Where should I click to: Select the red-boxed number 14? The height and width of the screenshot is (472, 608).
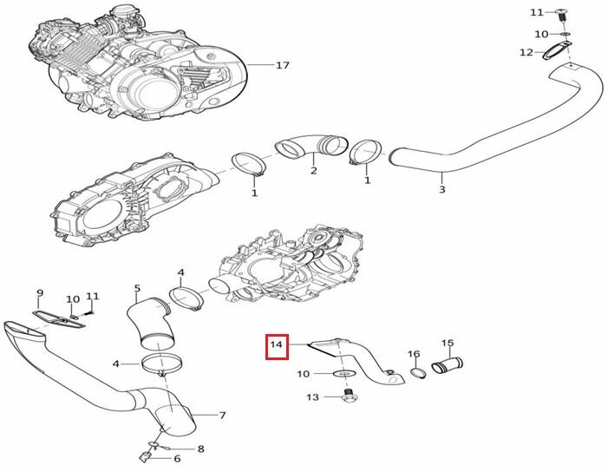(x=277, y=347)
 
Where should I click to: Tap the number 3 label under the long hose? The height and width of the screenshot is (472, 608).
(x=441, y=189)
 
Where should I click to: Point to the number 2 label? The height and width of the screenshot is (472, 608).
(x=313, y=171)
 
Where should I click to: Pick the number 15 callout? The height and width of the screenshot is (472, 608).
(x=448, y=343)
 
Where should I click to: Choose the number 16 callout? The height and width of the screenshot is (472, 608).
(x=414, y=354)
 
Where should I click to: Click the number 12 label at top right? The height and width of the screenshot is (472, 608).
(x=526, y=53)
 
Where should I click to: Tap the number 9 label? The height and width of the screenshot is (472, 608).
(x=39, y=292)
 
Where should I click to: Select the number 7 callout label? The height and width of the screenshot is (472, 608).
(x=223, y=416)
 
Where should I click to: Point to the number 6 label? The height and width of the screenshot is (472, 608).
(x=177, y=459)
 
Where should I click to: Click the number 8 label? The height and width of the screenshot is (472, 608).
(x=201, y=449)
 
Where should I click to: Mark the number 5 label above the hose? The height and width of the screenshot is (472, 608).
(x=137, y=287)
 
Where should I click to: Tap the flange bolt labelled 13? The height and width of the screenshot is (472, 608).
(x=350, y=397)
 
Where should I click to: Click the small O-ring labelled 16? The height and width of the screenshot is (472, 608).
(x=415, y=373)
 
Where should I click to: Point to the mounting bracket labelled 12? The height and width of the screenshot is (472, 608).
(x=556, y=54)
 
